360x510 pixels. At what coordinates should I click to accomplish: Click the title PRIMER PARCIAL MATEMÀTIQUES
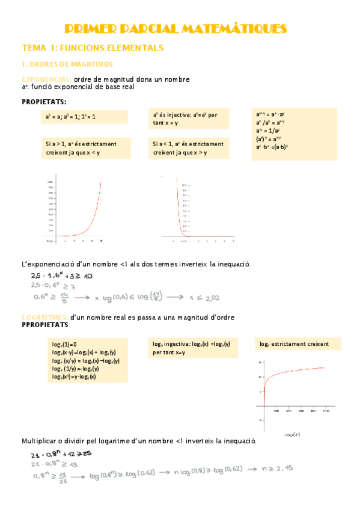tap(175, 29)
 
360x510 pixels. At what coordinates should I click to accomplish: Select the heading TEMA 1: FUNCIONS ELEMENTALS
tap(93, 48)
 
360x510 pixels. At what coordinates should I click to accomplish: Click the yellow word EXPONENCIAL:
tap(47, 79)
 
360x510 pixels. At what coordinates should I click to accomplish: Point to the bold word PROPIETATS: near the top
tap(44, 102)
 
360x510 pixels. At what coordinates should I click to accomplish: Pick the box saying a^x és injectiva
tap(189, 118)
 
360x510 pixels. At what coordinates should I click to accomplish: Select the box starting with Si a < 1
tap(189, 148)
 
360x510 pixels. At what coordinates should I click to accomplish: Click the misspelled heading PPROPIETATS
tap(45, 325)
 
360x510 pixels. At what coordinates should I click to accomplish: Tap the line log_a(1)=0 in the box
tap(64, 344)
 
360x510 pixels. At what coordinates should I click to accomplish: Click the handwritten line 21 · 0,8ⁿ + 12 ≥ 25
tap(63, 453)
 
